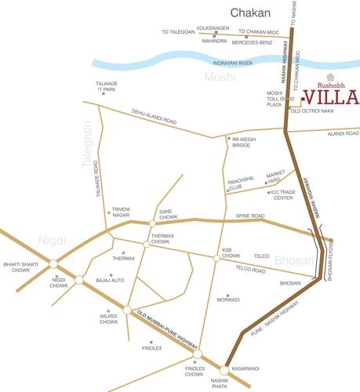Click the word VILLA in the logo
click(330, 99)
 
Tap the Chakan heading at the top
click(250, 13)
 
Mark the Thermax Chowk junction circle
click(147, 244)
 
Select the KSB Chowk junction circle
click(216, 258)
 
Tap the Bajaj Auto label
click(110, 280)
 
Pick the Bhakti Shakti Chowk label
click(20, 268)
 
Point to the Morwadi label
click(228, 299)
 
